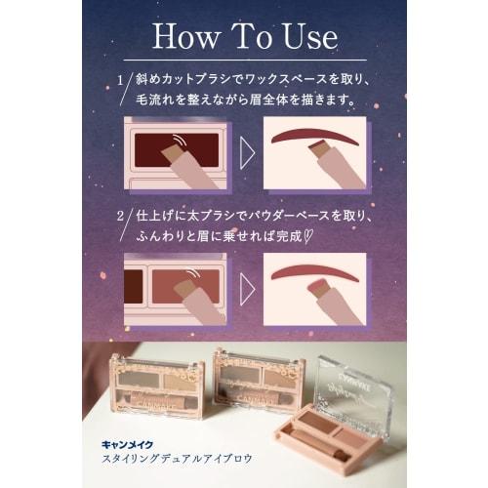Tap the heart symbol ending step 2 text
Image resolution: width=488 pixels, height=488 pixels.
point(307,236)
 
